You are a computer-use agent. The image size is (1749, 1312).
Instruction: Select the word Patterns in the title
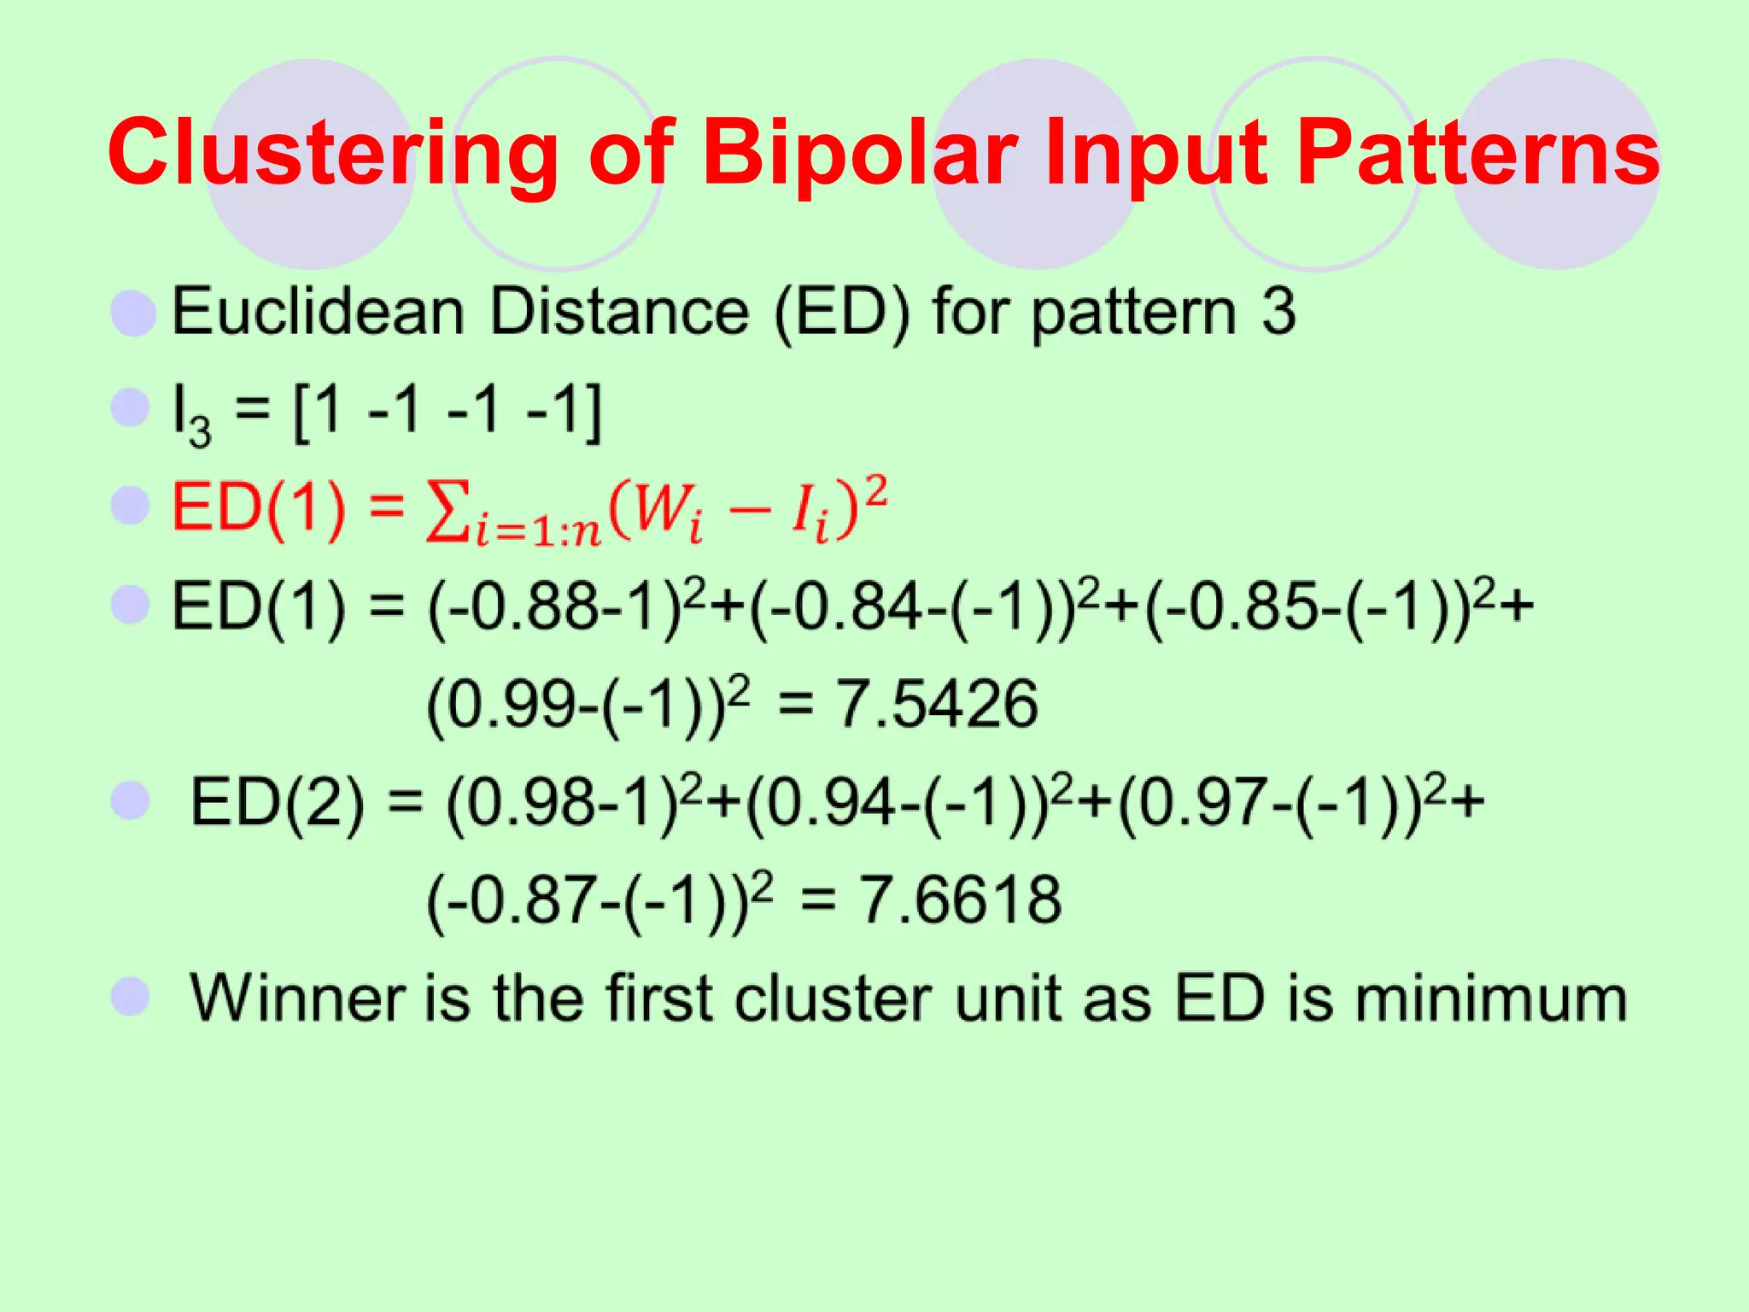[x=1477, y=154]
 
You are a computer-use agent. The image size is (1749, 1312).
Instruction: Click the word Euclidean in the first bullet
[x=318, y=312]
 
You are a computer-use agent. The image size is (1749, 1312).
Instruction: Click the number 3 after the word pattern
[x=1278, y=312]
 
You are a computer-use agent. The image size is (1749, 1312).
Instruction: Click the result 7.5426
[x=936, y=705]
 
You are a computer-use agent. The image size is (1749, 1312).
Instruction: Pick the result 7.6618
[x=960, y=900]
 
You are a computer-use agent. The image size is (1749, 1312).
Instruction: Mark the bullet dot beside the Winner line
[x=131, y=996]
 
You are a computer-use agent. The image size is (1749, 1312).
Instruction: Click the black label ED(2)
[x=277, y=803]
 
